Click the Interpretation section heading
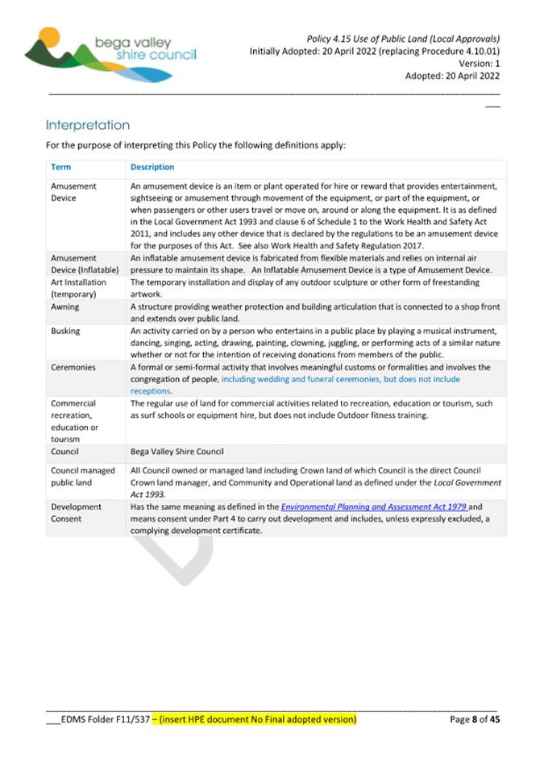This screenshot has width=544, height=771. [88, 126]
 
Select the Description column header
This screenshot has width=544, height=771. [152, 168]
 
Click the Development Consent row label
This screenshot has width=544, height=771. [76, 513]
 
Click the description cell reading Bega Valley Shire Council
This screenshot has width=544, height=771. [179, 452]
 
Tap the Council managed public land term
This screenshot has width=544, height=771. [82, 477]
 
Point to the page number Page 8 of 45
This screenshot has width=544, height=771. [475, 719]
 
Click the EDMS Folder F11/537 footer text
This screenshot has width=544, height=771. [98, 719]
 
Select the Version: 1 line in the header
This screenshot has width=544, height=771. [479, 63]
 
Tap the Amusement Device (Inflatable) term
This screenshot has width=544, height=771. [84, 263]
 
